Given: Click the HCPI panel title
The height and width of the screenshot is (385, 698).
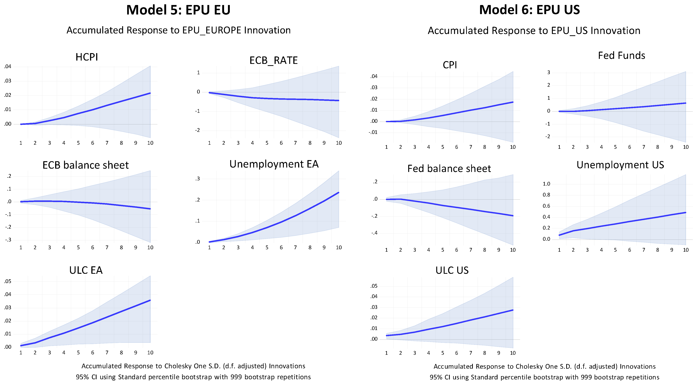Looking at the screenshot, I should (87, 57).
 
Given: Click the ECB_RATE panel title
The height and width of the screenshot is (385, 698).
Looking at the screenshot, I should (273, 60).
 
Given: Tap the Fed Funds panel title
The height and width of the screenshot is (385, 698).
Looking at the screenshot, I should (621, 56).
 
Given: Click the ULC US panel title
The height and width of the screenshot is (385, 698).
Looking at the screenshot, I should (452, 270).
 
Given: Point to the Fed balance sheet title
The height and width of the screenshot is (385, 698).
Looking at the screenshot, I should (449, 169).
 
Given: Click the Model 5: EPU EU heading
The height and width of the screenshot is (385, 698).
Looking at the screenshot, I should (178, 10).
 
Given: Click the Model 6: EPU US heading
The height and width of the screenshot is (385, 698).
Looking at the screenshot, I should (529, 10).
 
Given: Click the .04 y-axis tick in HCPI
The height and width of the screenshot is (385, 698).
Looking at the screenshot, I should (8, 67).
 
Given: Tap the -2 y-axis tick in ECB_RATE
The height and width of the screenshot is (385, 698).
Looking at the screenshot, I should (197, 130).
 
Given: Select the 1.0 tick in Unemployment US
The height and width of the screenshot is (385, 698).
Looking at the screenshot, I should (546, 184).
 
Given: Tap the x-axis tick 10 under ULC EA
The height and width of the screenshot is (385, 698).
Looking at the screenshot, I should (150, 353).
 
